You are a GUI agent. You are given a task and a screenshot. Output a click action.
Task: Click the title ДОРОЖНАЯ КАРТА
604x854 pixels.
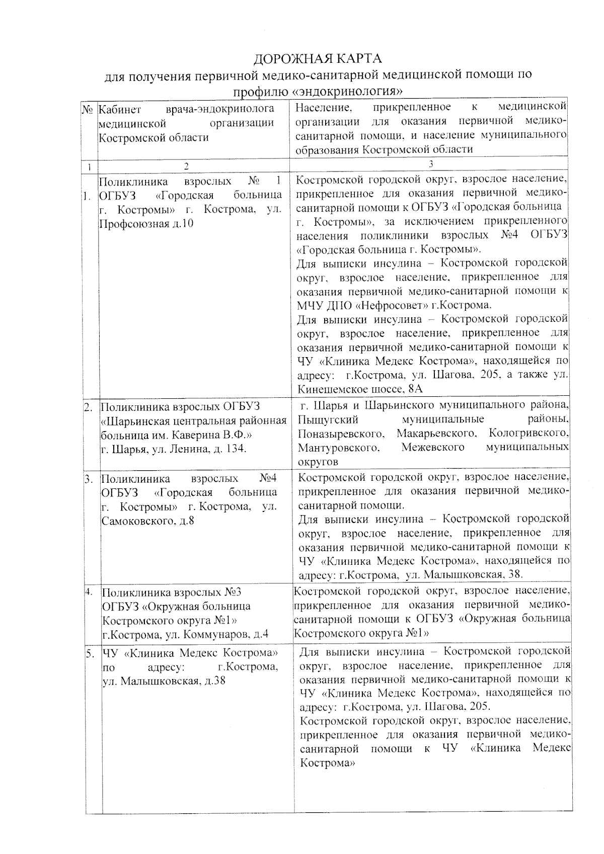317,58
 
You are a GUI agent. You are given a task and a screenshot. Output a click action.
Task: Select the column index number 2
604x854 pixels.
187,165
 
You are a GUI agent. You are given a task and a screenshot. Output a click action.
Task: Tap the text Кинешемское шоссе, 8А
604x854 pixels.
360,389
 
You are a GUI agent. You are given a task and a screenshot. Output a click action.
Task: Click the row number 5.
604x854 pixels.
90,653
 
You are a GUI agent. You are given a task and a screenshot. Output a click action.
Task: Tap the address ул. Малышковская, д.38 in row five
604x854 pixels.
164,681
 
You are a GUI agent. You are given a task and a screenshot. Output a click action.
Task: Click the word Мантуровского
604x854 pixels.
338,447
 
